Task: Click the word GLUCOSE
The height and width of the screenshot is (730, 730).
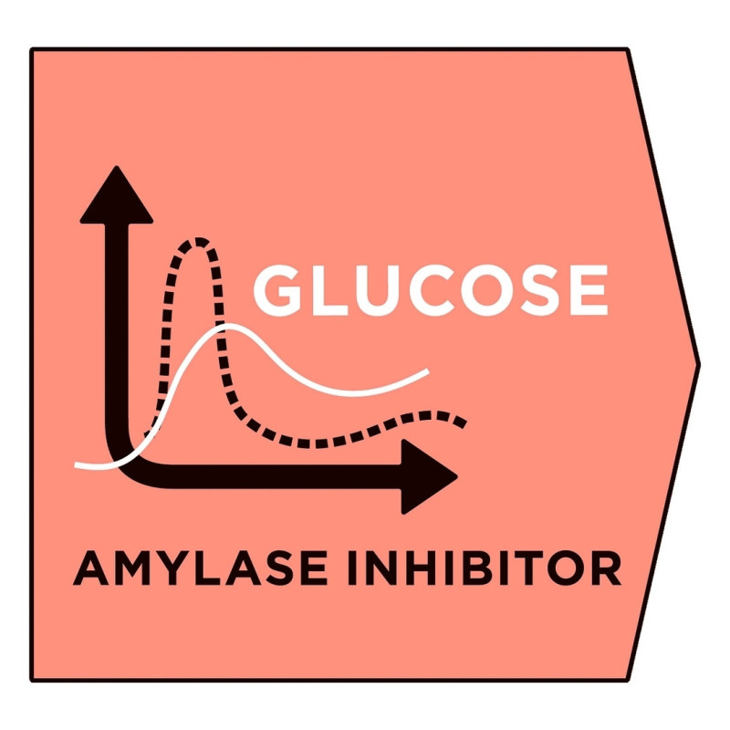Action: (430, 290)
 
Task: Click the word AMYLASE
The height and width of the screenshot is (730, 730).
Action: (200, 568)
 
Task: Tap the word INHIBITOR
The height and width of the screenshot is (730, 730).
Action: (485, 568)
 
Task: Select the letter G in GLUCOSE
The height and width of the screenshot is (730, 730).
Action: (277, 290)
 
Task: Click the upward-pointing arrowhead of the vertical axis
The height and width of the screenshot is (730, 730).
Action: (117, 194)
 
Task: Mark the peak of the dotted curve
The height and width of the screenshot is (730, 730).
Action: (199, 242)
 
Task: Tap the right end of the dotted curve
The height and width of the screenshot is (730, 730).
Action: (463, 423)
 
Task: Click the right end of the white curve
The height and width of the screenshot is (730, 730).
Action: (427, 371)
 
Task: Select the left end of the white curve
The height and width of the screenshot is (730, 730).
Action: (77, 464)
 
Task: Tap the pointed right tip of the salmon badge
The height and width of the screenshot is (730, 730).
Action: (698, 364)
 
